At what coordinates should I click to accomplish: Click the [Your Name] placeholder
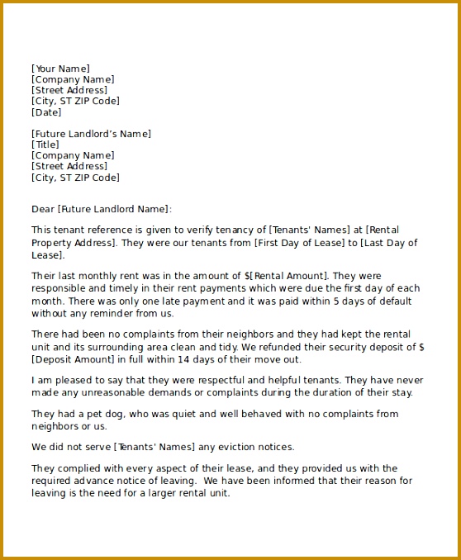(60, 69)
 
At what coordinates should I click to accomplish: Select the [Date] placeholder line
(46, 112)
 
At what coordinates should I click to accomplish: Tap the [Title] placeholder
(45, 145)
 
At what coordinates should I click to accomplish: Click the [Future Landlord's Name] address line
(91, 134)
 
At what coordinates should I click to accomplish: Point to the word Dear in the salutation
(43, 210)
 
